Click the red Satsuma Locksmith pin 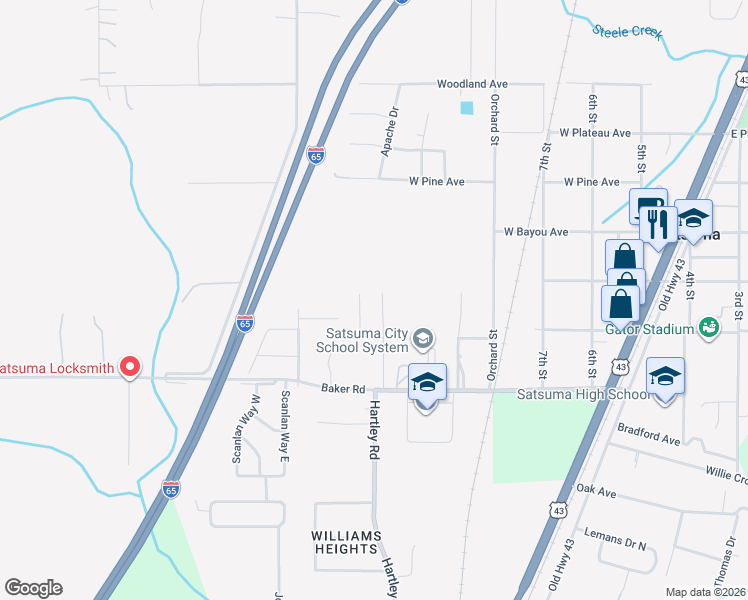coord(129,367)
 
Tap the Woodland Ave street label coord(473,84)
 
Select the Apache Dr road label coord(391,133)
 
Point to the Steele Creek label coord(627,31)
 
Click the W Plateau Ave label coord(595,132)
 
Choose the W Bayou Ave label coord(536,232)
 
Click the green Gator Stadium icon coord(709,327)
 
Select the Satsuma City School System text coord(362,340)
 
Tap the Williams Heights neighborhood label coord(346,543)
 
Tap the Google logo coord(33,588)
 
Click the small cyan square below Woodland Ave coord(466,108)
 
